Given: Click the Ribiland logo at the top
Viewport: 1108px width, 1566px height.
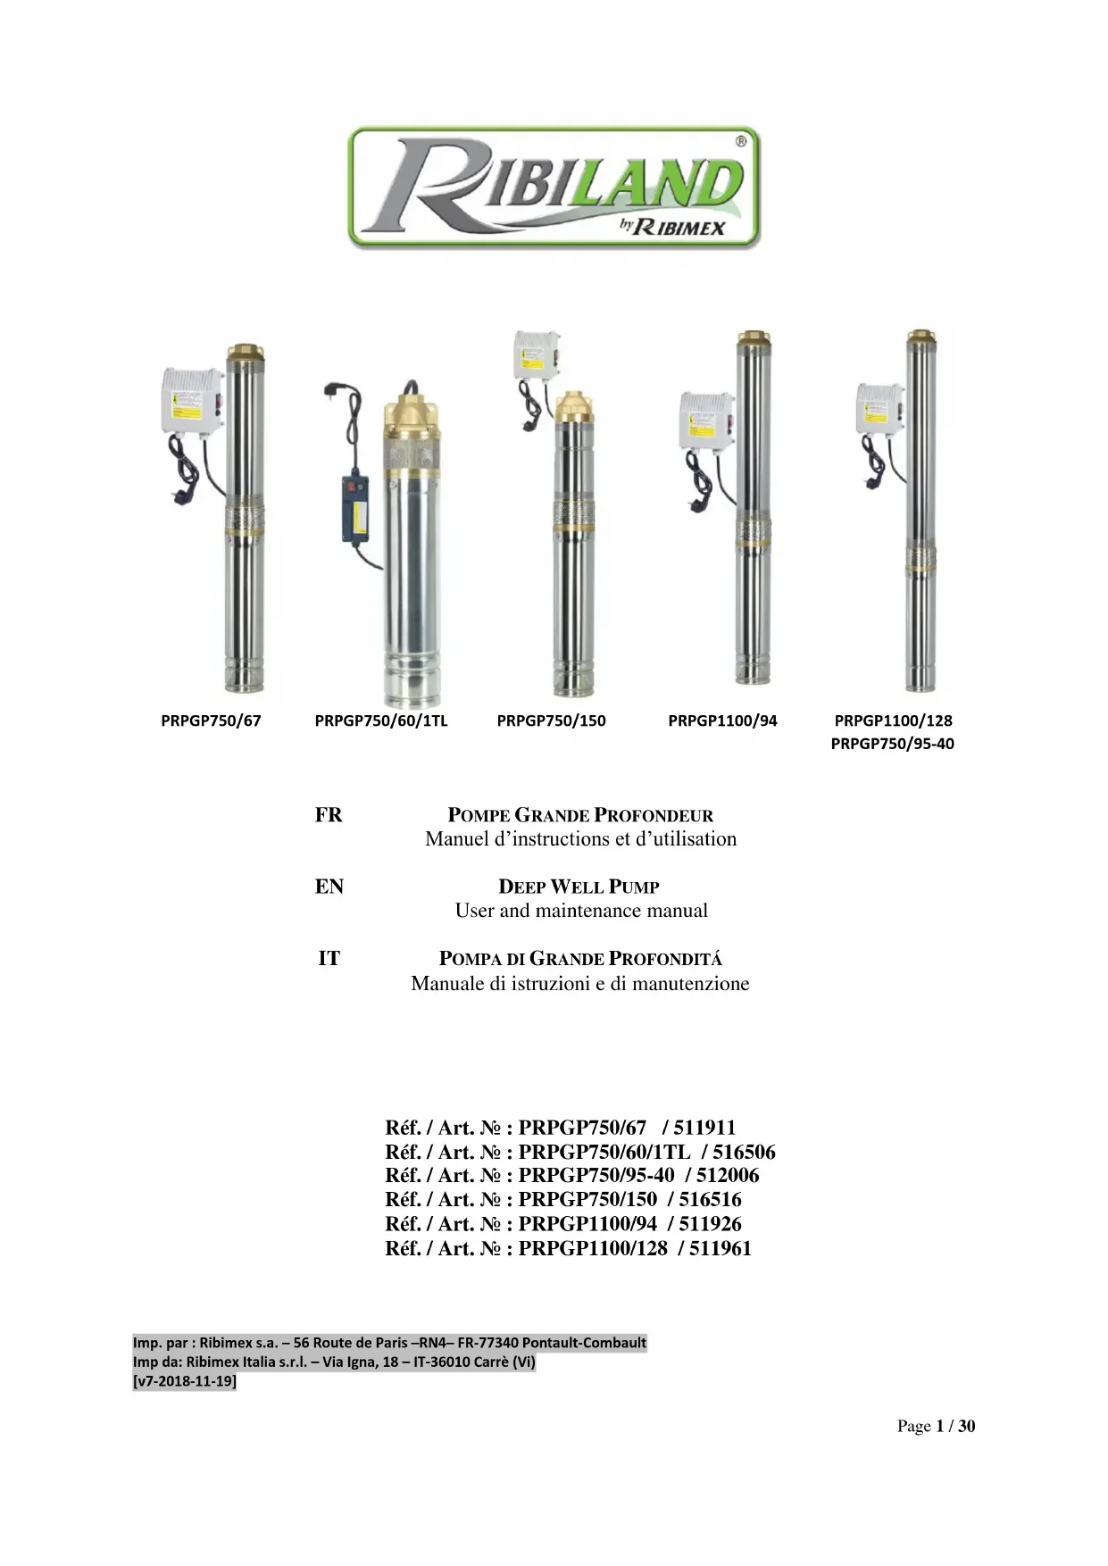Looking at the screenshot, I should pos(554,187).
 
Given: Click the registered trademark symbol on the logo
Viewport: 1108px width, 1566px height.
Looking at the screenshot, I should pos(741,141).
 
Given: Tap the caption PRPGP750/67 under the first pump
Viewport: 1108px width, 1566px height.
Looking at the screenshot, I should pos(211,721).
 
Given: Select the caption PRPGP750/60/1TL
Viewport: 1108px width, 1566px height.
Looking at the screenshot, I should pos(381,721).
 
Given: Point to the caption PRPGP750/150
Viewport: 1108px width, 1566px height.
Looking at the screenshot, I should pos(551,721).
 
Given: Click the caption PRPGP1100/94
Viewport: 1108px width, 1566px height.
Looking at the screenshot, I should pos(722,721).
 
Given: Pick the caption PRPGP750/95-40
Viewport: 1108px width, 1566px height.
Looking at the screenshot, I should pos(892,744).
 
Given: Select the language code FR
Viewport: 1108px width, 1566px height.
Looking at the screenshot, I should pos(329,815).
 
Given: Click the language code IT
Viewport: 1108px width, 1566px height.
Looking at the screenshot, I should pos(329,959).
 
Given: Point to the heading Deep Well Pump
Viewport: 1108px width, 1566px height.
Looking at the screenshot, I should pos(579,887).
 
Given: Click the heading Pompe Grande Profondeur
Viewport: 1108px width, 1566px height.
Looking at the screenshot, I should pos(580,815).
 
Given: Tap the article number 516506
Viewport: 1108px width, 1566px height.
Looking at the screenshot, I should pos(744,1152).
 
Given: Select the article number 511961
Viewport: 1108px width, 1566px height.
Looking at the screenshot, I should pos(720,1248).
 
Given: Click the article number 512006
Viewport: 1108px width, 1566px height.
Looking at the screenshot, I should pos(728,1176).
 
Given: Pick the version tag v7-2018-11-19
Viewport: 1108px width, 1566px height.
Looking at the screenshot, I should pos(185,1381).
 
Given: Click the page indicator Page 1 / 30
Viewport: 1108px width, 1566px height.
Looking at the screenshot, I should pos(936,1426).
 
